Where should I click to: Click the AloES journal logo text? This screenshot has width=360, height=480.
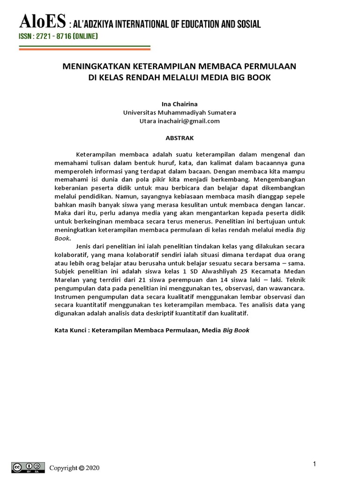[43, 22]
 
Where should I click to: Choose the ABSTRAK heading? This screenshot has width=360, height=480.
[180, 138]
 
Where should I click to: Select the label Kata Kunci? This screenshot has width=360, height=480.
[70, 330]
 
